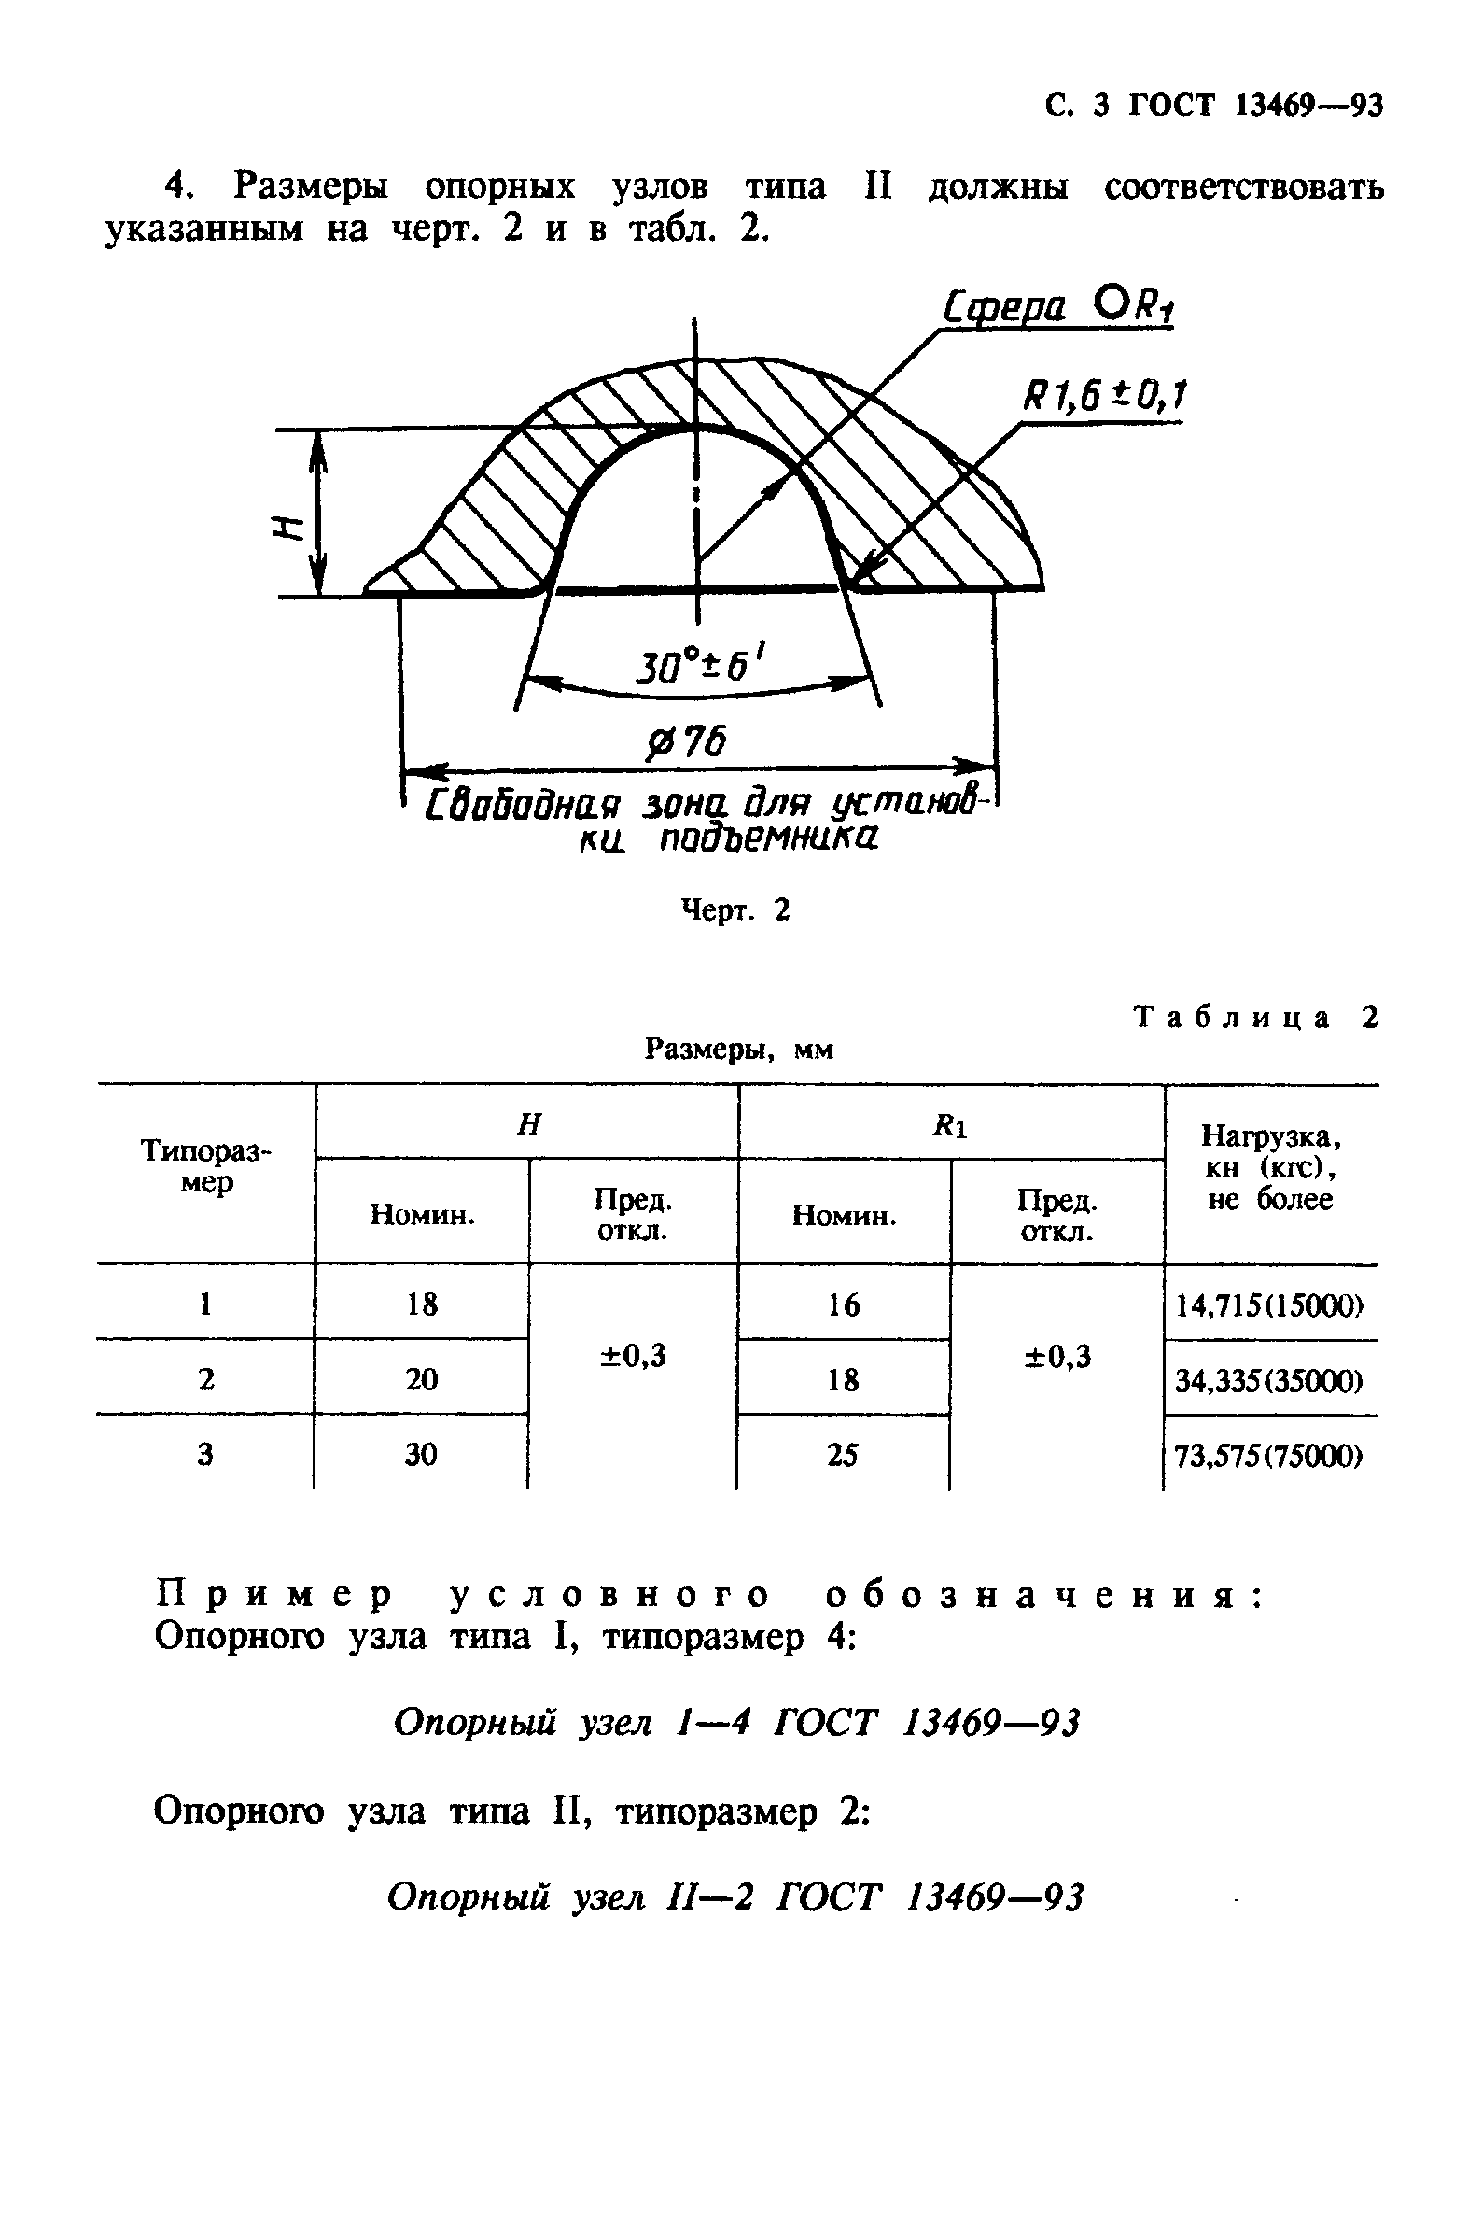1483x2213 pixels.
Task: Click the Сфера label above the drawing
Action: [1005, 306]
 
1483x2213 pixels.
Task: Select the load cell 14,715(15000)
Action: [1268, 1305]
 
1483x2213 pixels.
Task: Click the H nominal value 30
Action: [421, 1454]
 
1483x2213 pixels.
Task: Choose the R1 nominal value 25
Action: [842, 1454]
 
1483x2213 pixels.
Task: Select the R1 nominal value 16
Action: [843, 1305]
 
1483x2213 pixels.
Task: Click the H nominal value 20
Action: [421, 1379]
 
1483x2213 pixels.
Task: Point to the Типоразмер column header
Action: [205, 1165]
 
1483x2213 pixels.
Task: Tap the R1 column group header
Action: [949, 1125]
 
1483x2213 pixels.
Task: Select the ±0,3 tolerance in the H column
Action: [633, 1356]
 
